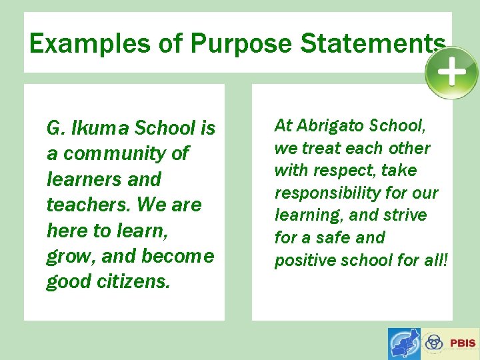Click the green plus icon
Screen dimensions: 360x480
tap(451, 72)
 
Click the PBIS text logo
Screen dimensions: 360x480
tap(463, 343)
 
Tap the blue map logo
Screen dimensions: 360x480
tap(404, 344)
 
